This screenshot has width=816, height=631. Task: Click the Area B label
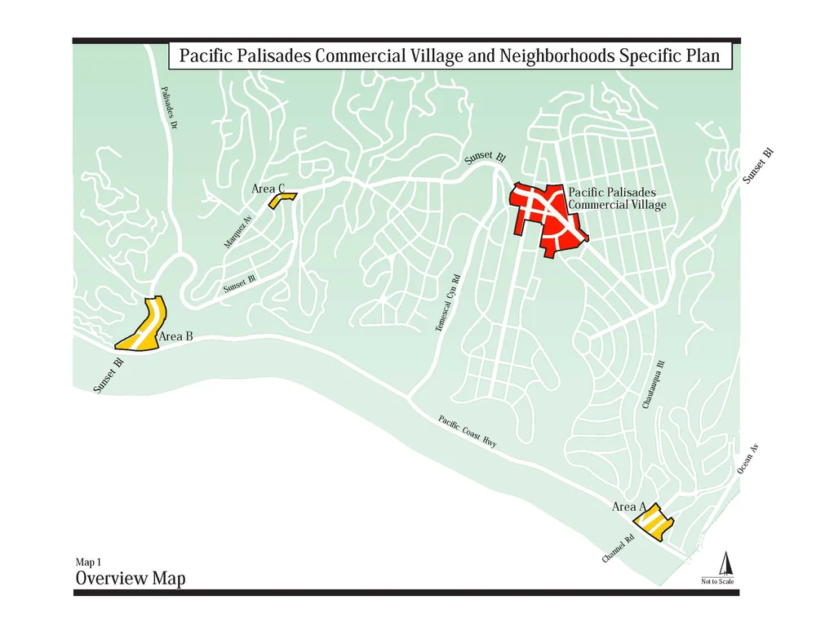click(x=176, y=335)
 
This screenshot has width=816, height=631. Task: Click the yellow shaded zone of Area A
click(x=655, y=524)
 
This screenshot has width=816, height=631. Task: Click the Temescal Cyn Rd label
click(x=444, y=303)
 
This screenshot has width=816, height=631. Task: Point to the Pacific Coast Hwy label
click(x=467, y=431)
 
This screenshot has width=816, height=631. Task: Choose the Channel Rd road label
click(x=618, y=549)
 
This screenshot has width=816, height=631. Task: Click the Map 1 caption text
click(x=88, y=562)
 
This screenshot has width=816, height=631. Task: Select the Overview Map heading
click(x=130, y=579)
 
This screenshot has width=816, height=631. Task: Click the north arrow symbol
click(x=724, y=563)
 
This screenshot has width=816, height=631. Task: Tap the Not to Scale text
click(x=717, y=581)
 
